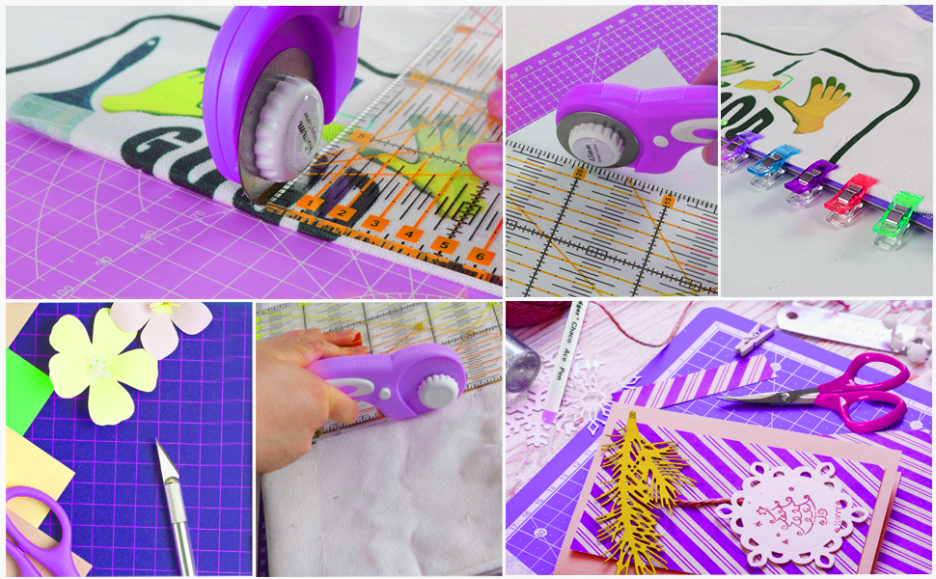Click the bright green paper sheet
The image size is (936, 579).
pyautogui.click(x=26, y=391)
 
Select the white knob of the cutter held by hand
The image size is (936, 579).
pyautogui.click(x=439, y=390)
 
